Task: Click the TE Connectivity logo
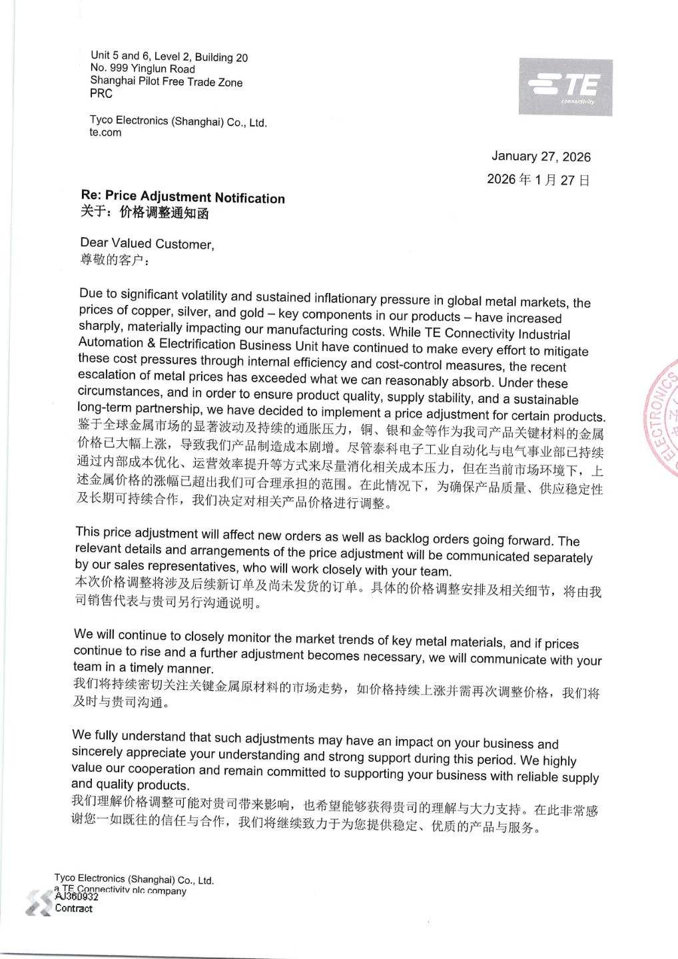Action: coord(565,87)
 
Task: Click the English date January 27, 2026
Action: coord(541,157)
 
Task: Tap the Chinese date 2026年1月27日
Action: coord(538,179)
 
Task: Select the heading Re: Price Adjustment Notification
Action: coord(182,197)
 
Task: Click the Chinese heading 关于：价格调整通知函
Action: coord(145,213)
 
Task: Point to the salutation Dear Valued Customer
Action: coord(147,244)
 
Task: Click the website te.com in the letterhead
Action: coord(105,133)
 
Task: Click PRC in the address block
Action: coord(101,94)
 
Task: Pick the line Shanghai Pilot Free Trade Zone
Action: coord(167,82)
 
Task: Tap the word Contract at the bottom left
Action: coord(73,908)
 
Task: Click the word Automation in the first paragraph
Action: coord(110,343)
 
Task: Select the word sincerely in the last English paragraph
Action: coord(97,752)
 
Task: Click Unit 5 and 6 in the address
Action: coord(115,56)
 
